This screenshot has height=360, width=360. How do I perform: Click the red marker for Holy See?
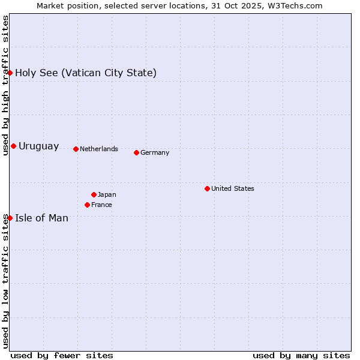pos(10,73)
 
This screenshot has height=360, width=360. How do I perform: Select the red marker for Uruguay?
pos(13,146)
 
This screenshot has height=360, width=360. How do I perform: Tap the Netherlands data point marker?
pos(76,149)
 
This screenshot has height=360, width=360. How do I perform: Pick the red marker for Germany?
pos(136,152)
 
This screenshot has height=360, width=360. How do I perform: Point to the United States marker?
pos(207,188)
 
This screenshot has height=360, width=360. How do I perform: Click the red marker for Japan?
pos(94,194)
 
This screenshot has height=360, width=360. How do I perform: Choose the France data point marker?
pos(87,205)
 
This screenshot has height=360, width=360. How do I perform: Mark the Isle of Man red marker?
pos(10,218)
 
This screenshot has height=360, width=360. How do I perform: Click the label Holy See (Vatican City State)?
pos(86,73)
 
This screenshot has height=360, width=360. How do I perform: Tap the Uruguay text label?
pos(39,146)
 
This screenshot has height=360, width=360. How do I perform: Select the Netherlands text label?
pos(99,149)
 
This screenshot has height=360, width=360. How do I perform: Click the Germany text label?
pos(155,152)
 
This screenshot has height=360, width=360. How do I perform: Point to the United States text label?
pos(233,188)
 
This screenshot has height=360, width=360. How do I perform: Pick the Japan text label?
pos(107,194)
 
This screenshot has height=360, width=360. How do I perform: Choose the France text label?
pos(101,205)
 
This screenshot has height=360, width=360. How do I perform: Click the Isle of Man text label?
pos(42,218)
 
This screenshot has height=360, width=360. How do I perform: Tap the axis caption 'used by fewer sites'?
pos(62,355)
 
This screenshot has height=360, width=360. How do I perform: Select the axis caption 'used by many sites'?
pos(301,355)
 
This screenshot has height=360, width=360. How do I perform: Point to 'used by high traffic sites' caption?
pos(5,85)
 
